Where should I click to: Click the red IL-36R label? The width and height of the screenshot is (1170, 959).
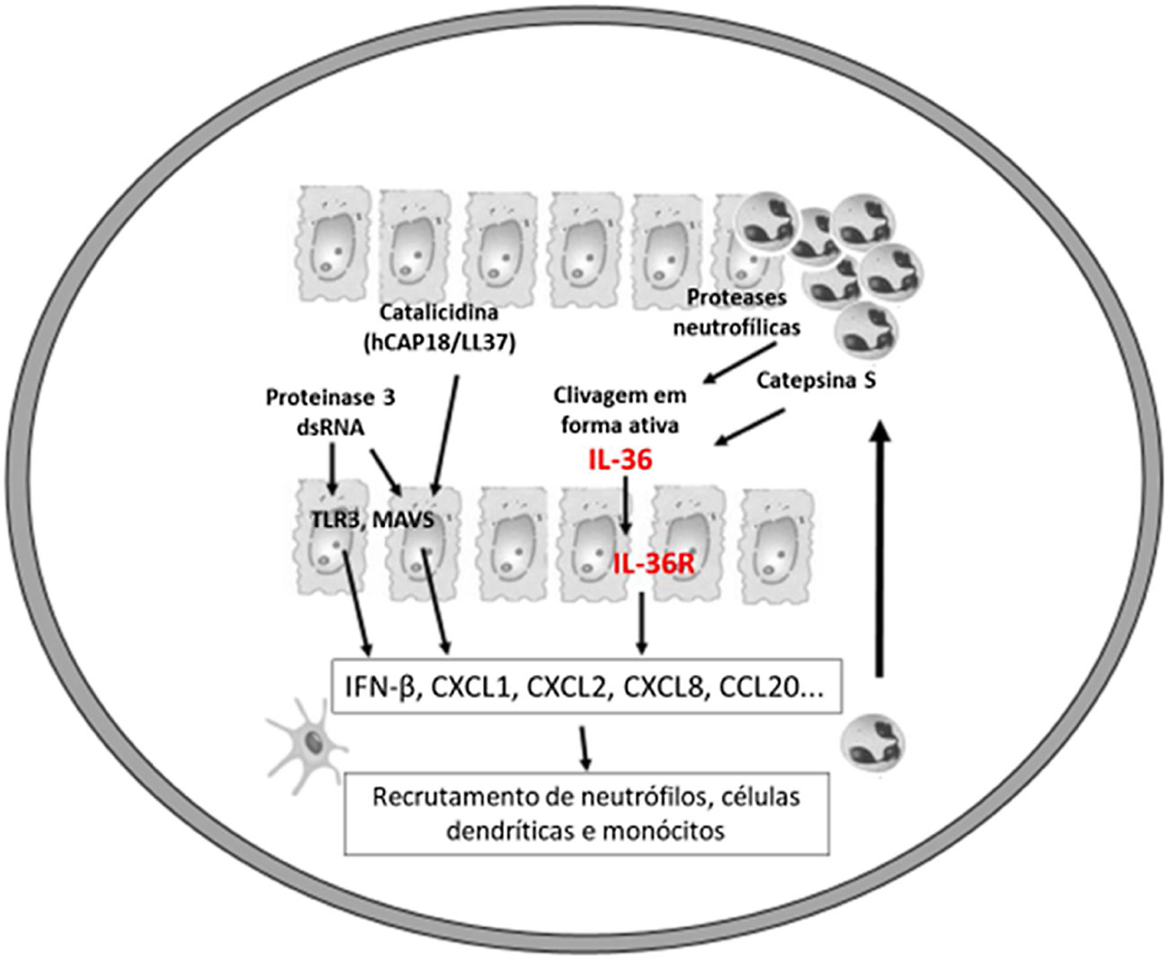(654, 565)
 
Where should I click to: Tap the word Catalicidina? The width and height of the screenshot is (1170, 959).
(439, 312)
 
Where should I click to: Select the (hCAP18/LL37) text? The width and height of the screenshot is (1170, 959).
(439, 343)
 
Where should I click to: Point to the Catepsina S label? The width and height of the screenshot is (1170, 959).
(816, 381)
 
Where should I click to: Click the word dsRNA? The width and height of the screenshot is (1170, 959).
(330, 428)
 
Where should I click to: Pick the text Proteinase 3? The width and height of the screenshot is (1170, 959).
(330, 398)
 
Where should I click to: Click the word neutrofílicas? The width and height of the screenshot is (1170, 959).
(737, 328)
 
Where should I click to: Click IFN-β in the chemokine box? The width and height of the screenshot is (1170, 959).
(380, 688)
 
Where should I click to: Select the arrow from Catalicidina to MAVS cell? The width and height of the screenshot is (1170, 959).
(446, 434)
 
